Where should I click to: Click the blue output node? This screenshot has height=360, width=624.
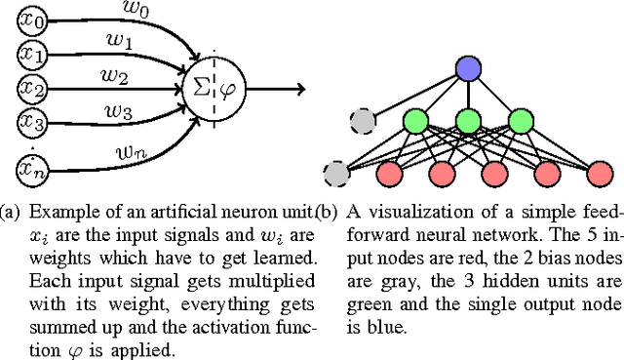pos(469,68)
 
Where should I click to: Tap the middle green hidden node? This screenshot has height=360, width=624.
pos(469,122)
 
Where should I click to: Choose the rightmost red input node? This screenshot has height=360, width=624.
pos(599,175)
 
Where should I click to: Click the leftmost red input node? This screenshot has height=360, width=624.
pos(389,175)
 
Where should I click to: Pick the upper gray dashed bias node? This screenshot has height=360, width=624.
pos(364,122)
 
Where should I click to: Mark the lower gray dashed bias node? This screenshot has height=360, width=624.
pos(337,174)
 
